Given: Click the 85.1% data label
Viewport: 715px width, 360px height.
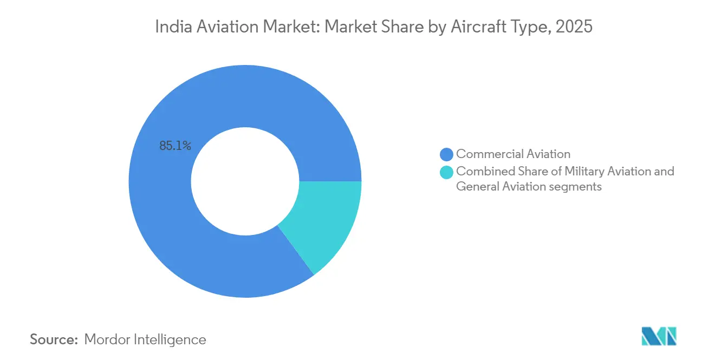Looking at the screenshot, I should (175, 146).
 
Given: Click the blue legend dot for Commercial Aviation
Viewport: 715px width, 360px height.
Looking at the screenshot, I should (447, 155).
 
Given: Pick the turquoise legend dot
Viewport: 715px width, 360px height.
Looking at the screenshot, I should (447, 172).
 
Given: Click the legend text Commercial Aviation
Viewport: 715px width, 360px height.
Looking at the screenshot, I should (513, 154).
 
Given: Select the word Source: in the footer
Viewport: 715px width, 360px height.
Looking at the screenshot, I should (54, 339).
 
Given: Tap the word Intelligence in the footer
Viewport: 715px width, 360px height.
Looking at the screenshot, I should (173, 339).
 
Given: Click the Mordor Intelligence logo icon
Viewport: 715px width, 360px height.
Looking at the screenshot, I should (659, 336).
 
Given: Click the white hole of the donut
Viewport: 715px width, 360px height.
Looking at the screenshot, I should (245, 181).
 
